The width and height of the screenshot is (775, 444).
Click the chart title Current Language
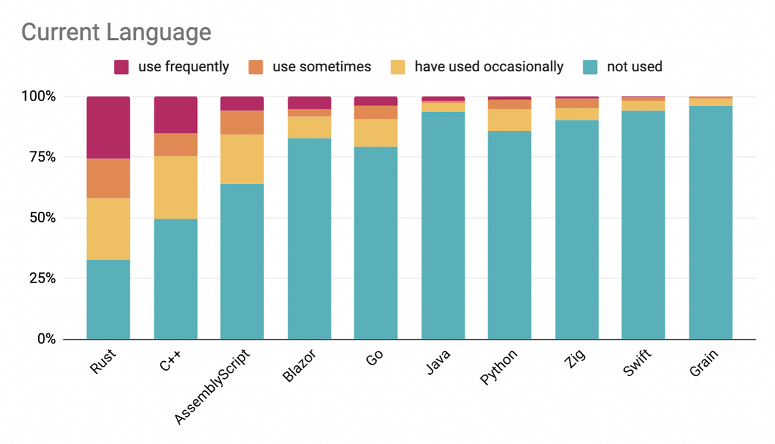[x=116, y=32]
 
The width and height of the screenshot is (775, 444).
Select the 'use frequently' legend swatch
[x=122, y=67]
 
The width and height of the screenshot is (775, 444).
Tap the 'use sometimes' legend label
[x=322, y=67]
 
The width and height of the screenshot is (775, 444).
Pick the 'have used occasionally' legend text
[x=489, y=67]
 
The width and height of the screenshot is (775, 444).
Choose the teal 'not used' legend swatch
[x=591, y=67]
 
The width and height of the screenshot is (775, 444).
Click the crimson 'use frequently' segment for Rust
[x=108, y=127]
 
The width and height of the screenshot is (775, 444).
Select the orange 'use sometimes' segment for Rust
[x=108, y=178]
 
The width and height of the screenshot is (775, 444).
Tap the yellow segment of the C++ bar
[x=175, y=187]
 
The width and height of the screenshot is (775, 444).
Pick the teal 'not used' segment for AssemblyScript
[x=242, y=261]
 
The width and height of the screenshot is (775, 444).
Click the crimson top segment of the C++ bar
[x=175, y=115]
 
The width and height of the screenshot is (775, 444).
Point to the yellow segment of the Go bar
[x=376, y=132]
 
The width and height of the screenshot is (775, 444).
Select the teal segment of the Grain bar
[x=710, y=223]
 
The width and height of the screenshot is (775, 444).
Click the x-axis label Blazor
[x=300, y=367]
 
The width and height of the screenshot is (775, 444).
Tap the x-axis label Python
[x=499, y=367]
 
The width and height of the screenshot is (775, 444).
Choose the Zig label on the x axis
[x=572, y=360]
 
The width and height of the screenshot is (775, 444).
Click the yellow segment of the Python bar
[x=510, y=120]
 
